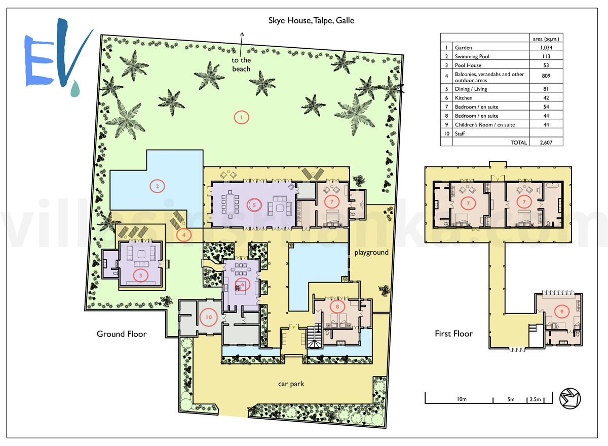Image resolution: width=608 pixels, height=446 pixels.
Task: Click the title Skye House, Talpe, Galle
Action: [x=311, y=21]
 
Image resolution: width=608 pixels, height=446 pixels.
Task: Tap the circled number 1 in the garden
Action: [x=241, y=117]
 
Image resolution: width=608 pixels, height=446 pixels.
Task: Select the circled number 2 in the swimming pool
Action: [x=157, y=186]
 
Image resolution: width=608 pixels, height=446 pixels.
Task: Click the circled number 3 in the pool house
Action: [x=141, y=276]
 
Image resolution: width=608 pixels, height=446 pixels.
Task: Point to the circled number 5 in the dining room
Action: [x=254, y=205]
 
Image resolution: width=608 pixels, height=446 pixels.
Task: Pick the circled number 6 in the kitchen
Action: [x=242, y=284]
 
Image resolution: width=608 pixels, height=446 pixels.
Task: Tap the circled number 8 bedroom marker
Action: [x=337, y=306]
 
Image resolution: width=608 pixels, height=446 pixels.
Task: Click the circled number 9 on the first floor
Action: [x=562, y=312]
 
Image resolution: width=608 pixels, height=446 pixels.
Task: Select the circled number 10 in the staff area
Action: [x=208, y=317]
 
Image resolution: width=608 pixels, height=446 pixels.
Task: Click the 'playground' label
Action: [x=371, y=253]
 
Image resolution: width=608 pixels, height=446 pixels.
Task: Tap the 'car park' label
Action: [x=291, y=384]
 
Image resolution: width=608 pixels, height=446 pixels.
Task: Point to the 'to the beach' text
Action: [x=241, y=64]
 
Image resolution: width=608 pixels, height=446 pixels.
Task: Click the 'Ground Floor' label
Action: [x=122, y=334]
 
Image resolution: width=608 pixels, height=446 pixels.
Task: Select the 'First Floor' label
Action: [x=453, y=333]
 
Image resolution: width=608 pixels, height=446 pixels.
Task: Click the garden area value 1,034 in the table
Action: [x=546, y=48]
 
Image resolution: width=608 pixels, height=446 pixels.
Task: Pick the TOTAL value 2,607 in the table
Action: [x=546, y=143]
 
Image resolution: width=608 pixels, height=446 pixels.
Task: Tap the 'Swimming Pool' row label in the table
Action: [x=472, y=56]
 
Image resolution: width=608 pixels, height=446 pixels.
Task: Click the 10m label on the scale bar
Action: [x=462, y=399]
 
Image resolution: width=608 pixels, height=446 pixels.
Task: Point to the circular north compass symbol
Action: [x=570, y=398]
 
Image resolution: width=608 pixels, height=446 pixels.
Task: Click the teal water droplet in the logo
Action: [x=75, y=89]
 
